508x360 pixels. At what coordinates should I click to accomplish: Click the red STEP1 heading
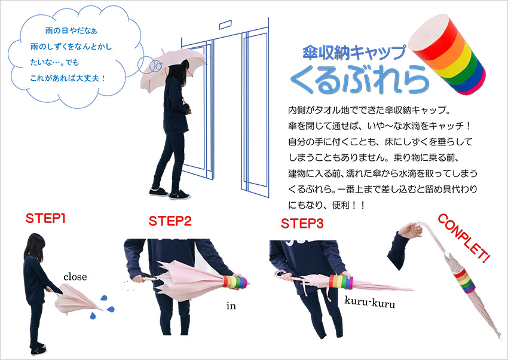[x=45, y=218]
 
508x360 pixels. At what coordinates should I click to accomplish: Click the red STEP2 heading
[x=170, y=221]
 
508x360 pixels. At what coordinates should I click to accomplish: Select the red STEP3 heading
[x=302, y=223]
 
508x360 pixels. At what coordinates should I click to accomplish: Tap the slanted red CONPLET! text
[x=464, y=238]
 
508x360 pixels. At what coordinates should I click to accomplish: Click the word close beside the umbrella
[x=75, y=277]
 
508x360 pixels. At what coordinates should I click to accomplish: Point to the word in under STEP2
[x=231, y=306]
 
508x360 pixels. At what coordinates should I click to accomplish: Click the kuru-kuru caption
[x=370, y=303]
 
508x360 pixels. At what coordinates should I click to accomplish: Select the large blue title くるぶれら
[x=360, y=79]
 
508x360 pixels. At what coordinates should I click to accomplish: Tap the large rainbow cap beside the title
[x=447, y=54]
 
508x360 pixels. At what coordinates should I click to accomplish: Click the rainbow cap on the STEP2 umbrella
[x=234, y=282]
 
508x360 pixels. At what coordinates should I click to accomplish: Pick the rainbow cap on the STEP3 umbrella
[x=341, y=281]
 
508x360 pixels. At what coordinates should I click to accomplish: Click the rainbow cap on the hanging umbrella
[x=464, y=280]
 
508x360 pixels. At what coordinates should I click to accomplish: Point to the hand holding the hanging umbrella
[x=411, y=230]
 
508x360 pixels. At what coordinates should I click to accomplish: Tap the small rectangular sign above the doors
[x=225, y=25]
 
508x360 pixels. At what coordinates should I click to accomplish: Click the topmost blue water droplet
[x=103, y=298]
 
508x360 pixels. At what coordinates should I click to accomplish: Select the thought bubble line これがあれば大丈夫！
[x=68, y=78]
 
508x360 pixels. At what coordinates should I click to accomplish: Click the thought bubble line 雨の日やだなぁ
[x=71, y=30]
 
